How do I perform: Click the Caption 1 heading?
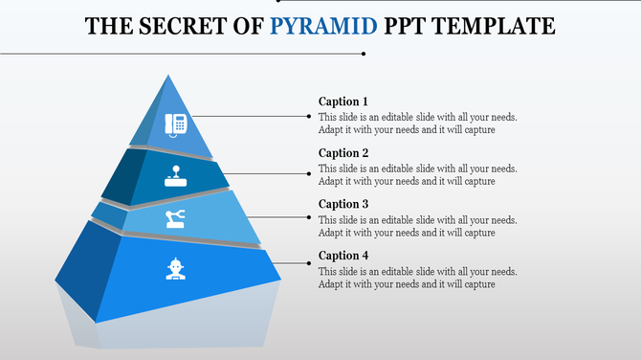tap(343, 101)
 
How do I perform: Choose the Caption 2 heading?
tap(343, 153)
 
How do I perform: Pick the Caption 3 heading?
tap(343, 204)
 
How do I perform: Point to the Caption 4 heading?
tap(343, 256)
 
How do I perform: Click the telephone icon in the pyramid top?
tap(176, 124)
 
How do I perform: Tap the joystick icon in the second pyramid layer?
tap(177, 176)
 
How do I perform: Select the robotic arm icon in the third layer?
tap(176, 219)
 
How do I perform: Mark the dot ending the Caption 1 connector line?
tap(308, 117)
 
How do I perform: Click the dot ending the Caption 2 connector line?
tap(308, 173)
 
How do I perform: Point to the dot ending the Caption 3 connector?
tap(308, 217)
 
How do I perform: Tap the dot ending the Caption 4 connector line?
tap(308, 261)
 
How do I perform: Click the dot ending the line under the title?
tap(363, 54)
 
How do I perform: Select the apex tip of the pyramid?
tap(168, 76)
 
